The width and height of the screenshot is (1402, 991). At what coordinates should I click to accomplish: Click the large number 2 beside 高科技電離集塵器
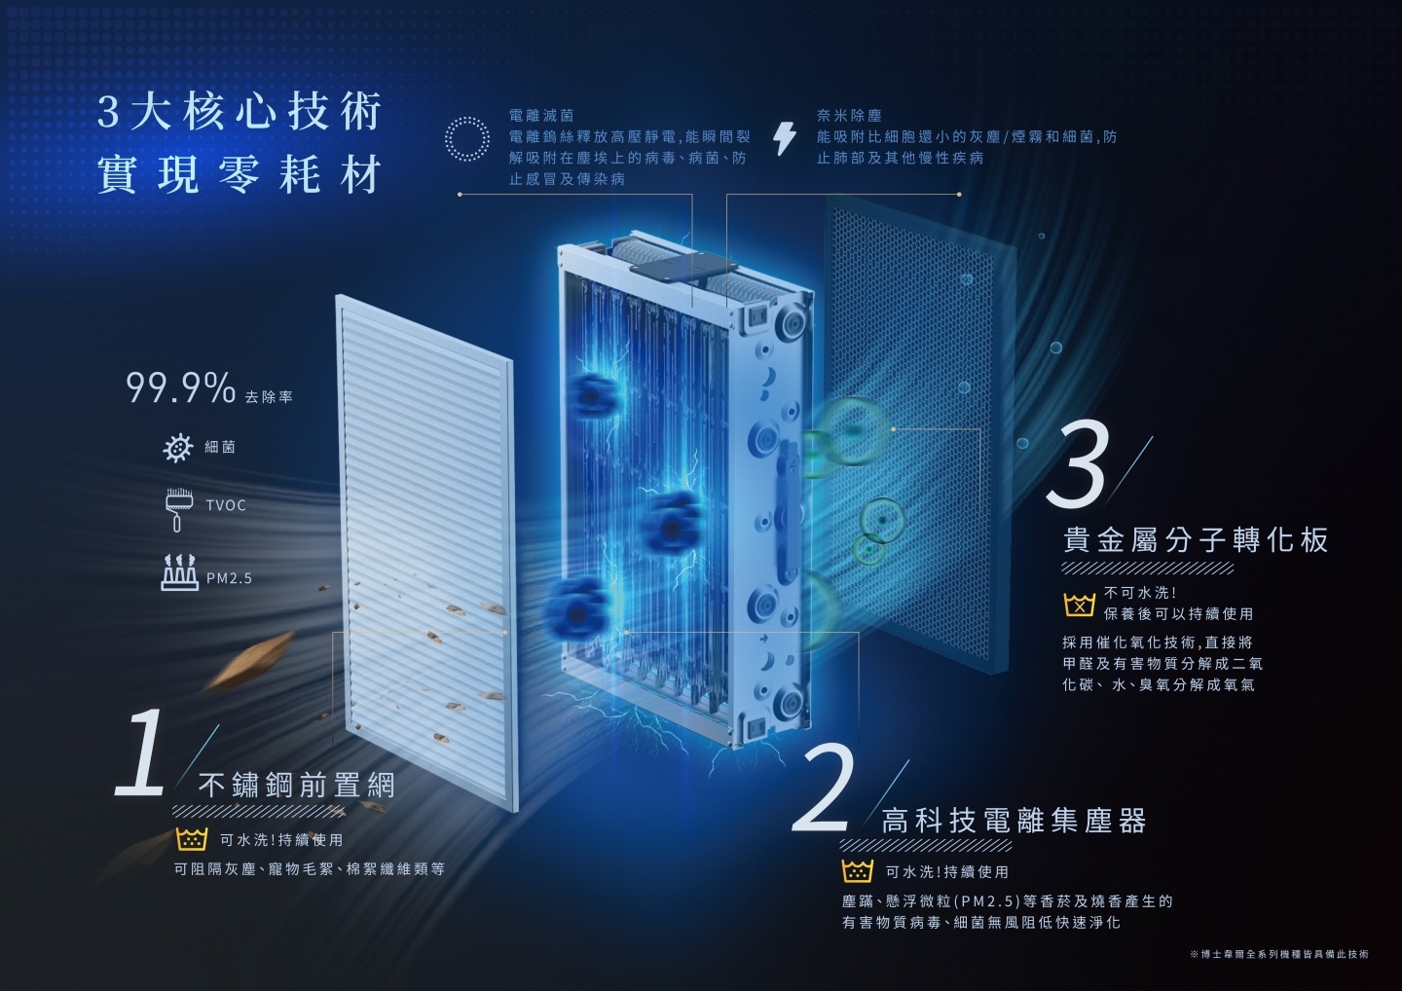[x=825, y=789]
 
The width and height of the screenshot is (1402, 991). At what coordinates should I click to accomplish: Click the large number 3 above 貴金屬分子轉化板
[x=1079, y=463]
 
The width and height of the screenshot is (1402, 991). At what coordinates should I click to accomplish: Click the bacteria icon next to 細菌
[x=177, y=448]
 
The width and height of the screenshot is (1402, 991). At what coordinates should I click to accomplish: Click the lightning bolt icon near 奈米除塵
[x=784, y=139]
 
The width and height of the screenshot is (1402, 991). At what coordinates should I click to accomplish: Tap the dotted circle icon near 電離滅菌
[x=465, y=138]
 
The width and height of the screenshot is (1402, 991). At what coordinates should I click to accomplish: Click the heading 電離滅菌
[x=541, y=115]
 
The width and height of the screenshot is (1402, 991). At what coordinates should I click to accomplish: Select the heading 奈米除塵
[x=849, y=115]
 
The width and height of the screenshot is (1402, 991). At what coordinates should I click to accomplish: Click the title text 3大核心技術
[x=240, y=113]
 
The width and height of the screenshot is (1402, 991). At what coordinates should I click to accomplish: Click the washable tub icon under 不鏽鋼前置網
[x=193, y=839]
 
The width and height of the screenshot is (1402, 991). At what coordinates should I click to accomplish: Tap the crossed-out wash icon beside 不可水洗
[x=1080, y=605]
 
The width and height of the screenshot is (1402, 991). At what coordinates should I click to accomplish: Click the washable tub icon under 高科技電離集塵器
[x=857, y=871]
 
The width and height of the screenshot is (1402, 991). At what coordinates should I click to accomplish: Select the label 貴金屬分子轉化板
[x=1196, y=540]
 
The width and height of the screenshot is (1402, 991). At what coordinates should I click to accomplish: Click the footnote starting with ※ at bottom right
[x=1278, y=954]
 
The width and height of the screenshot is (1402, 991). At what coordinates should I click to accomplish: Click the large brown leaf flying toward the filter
[x=247, y=660]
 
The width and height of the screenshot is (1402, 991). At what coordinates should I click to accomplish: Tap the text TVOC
[x=226, y=506]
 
